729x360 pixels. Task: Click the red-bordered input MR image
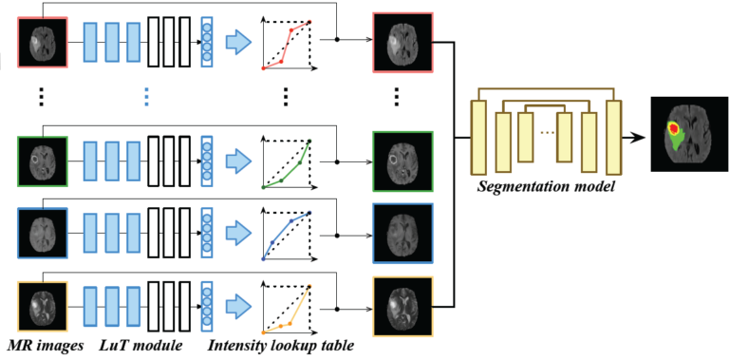pos(43,41)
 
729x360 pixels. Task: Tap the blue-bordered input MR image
pos(43,232)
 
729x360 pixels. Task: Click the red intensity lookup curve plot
pos(288,43)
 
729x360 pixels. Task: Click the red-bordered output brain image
pos(402,41)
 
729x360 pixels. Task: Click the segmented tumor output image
pos(682,136)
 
